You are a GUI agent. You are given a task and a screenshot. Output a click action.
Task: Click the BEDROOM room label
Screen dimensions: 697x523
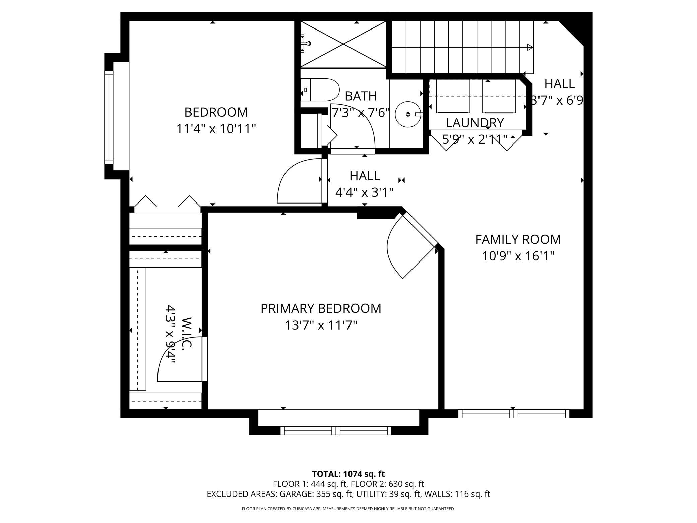[216, 112]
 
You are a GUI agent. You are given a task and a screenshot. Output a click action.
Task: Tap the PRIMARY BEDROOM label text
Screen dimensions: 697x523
[321, 308]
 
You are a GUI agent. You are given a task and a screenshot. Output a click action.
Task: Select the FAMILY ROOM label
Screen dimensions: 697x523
[518, 239]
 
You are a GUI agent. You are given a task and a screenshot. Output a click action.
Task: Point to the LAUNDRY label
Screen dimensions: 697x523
[475, 123]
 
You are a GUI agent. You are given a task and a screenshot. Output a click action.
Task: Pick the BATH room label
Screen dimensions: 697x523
[361, 96]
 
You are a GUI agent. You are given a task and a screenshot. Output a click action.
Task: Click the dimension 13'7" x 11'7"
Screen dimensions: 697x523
[321, 325]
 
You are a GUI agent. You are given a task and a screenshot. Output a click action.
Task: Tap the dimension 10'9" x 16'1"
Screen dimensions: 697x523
[518, 256]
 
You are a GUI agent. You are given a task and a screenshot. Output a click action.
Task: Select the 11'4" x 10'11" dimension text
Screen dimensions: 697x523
[216, 129]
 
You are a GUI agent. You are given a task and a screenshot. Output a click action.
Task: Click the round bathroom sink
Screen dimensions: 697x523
[408, 114]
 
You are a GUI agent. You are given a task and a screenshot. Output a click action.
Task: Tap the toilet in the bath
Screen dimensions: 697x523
[320, 90]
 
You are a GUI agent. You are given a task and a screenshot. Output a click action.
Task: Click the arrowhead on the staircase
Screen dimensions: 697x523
[530, 47]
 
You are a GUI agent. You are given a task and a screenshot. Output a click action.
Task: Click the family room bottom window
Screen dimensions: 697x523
[514, 414]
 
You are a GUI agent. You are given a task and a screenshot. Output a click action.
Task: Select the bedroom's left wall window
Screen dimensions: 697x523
[109, 117]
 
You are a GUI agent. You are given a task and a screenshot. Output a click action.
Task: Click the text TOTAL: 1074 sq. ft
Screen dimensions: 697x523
[348, 474]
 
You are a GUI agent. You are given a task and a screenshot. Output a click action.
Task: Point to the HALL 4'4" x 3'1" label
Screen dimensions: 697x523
[365, 184]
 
